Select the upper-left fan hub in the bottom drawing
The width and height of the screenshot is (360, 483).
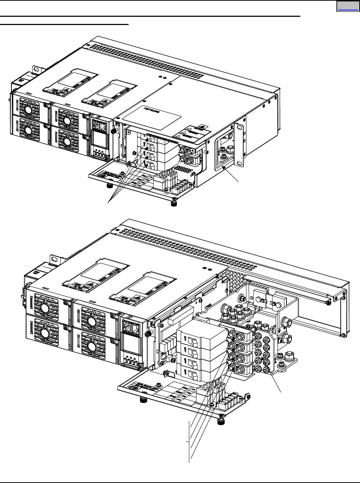click(45, 308)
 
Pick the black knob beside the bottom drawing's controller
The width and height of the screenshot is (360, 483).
click(147, 334)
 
